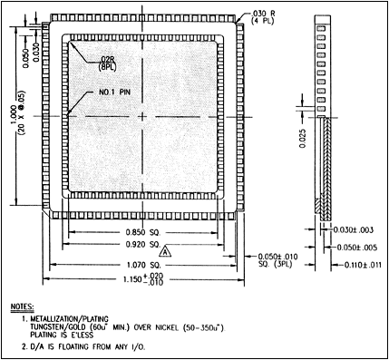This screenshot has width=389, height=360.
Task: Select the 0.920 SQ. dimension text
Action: [x=141, y=245]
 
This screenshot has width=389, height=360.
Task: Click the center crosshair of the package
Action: [x=141, y=116]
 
